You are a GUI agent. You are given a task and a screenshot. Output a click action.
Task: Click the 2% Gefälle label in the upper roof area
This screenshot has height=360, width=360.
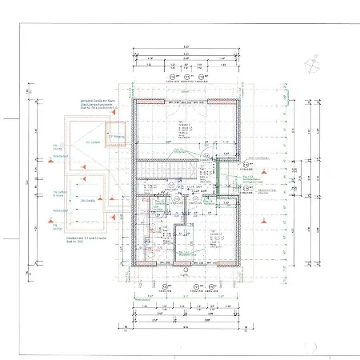90,144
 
